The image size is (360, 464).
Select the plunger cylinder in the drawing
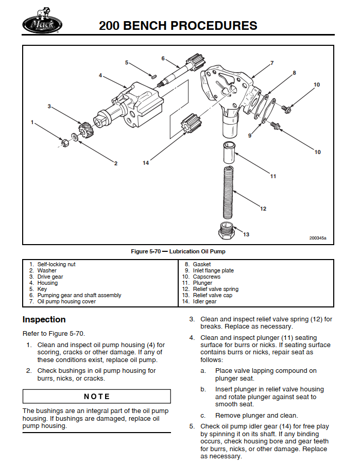[228, 153]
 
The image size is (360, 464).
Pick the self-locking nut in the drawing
[65, 142]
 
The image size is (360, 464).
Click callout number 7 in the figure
[271, 63]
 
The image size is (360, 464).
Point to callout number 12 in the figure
[263, 209]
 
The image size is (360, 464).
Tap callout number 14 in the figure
[146, 163]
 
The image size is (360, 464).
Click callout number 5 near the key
[127, 62]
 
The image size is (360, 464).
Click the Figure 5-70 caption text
[178, 251]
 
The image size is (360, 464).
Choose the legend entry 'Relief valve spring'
[215, 289]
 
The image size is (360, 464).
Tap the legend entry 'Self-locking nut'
[56, 264]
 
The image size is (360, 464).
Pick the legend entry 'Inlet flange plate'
[213, 270]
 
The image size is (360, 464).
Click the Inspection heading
[44, 319]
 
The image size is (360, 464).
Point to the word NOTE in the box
[97, 396]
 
